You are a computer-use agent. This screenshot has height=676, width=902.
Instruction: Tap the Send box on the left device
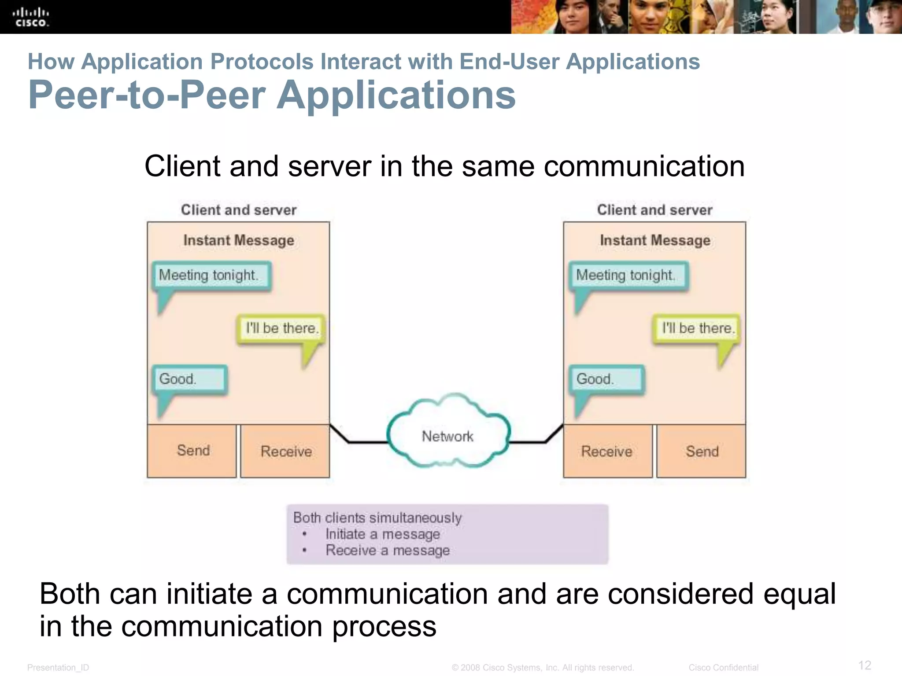tap(192, 451)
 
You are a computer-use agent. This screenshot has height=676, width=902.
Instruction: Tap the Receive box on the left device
tap(285, 451)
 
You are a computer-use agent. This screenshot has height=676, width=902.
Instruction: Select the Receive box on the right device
tap(607, 451)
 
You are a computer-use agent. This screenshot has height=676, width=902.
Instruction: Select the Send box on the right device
tap(702, 451)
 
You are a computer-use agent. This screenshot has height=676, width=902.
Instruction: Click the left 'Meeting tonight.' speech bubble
tap(211, 276)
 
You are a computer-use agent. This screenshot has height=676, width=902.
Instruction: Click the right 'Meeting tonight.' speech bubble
tap(627, 276)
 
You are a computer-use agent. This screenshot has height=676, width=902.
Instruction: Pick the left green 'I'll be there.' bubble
tap(281, 328)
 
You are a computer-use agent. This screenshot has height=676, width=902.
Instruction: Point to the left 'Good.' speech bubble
tap(189, 379)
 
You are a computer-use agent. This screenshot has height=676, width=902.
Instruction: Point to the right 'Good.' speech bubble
tap(606, 379)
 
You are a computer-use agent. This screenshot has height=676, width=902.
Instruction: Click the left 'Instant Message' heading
tap(238, 240)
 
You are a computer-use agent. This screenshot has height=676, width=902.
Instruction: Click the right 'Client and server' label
tap(654, 210)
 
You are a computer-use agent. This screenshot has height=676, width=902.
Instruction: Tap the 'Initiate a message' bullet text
tap(382, 534)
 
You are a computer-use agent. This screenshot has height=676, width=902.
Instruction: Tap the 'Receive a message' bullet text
tap(387, 550)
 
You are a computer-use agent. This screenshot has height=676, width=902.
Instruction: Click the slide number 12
tap(865, 665)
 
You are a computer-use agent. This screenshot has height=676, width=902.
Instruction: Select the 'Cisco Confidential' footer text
tap(723, 667)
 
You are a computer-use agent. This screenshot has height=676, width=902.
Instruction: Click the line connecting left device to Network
tap(361, 442)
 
